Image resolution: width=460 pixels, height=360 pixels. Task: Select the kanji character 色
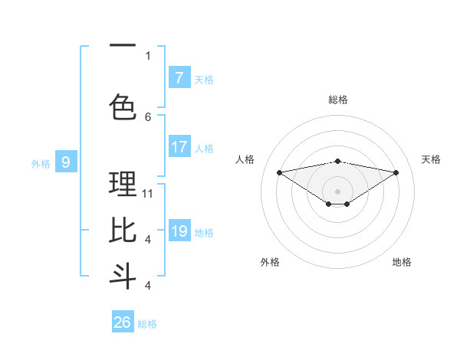pyautogui.click(x=123, y=106)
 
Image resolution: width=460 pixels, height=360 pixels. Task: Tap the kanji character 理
pyautogui.click(x=123, y=185)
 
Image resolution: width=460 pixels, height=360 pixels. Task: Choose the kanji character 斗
pyautogui.click(x=123, y=275)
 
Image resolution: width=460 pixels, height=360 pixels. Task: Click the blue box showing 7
pyautogui.click(x=179, y=78)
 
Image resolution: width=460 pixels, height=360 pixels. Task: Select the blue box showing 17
pyautogui.click(x=179, y=147)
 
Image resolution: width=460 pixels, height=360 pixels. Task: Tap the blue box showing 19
pyautogui.click(x=179, y=231)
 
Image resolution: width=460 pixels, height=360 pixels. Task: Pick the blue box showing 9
pyautogui.click(x=66, y=162)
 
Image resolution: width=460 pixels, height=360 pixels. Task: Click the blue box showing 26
pyautogui.click(x=123, y=322)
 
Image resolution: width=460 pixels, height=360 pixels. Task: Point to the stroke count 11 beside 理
pyautogui.click(x=148, y=194)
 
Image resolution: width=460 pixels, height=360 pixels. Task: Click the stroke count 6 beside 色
pyautogui.click(x=148, y=116)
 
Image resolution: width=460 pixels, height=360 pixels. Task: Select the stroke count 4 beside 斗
pyautogui.click(x=148, y=285)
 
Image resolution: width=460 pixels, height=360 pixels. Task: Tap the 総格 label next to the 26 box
pyautogui.click(x=147, y=324)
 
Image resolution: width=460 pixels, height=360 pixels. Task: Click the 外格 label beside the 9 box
pyautogui.click(x=41, y=163)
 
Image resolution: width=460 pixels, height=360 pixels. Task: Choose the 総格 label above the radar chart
pyautogui.click(x=337, y=100)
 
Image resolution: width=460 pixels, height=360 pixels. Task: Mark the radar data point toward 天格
pyautogui.click(x=396, y=172)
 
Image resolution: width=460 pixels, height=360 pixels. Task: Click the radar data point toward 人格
pyautogui.click(x=279, y=172)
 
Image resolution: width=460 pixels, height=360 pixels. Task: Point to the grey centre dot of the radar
pyautogui.click(x=337, y=190)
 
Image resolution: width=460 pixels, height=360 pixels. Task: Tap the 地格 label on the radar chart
pyautogui.click(x=402, y=262)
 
